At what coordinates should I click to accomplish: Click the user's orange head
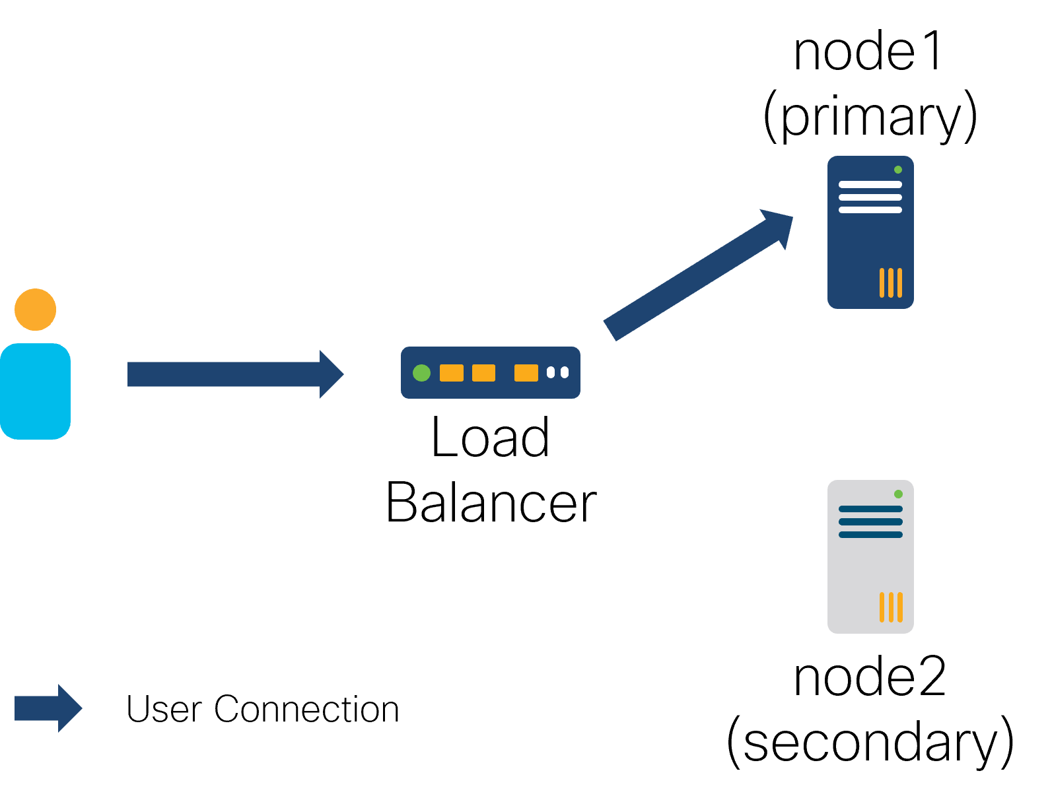pos(36,310)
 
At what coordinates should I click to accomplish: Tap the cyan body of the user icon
pos(36,391)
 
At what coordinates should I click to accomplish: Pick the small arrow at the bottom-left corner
pos(47,708)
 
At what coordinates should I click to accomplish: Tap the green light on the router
pos(421,373)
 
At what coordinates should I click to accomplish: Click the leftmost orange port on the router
pos(452,373)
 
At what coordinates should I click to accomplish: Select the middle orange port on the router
pos(483,373)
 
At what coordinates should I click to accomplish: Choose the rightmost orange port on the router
pos(526,373)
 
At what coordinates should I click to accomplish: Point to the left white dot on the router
pos(551,373)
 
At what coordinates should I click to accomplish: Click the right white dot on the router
pos(565,373)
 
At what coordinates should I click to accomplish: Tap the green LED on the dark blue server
pos(898,170)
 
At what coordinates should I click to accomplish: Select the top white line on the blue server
pos(870,185)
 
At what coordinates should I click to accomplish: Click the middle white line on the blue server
pos(870,197)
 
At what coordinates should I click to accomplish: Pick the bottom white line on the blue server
pos(870,210)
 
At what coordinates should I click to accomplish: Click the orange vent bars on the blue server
pos(891,283)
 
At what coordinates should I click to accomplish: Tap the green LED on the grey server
pos(898,494)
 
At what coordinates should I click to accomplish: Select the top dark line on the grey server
pos(870,509)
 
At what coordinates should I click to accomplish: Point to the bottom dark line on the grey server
pos(870,535)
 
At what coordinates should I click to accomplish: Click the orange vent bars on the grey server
pos(891,607)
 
